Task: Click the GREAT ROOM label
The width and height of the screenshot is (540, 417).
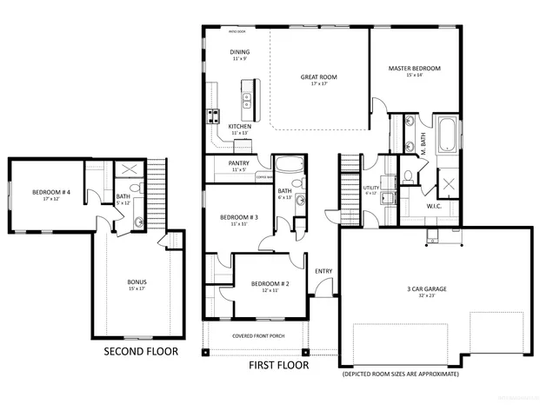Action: [x=319, y=77]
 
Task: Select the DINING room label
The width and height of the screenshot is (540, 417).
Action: [x=240, y=52]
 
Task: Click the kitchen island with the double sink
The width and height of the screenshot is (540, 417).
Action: [x=247, y=103]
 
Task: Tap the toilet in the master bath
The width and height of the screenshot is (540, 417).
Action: [x=407, y=177]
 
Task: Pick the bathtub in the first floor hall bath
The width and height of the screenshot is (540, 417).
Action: [x=287, y=166]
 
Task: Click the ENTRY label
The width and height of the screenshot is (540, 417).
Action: [x=323, y=271]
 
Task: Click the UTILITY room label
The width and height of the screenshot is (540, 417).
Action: [x=370, y=188]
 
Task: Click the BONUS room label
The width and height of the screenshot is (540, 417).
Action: [x=137, y=282]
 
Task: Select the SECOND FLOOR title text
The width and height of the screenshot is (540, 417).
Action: [x=141, y=352]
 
